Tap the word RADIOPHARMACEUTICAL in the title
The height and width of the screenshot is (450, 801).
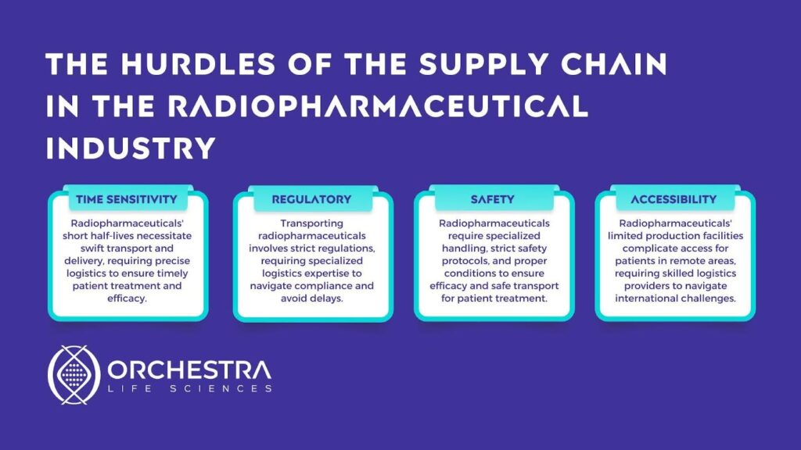(x=378, y=106)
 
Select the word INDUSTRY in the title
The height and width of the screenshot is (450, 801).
(x=131, y=148)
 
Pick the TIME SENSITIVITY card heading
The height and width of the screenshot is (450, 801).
(x=127, y=199)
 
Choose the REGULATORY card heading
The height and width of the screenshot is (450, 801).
(x=311, y=199)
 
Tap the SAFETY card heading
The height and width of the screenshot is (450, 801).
(x=493, y=199)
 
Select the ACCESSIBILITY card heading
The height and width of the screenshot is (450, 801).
(x=673, y=199)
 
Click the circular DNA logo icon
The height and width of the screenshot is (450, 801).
(x=74, y=375)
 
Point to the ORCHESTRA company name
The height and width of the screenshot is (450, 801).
(x=189, y=370)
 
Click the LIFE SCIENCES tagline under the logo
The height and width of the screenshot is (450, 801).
(x=189, y=389)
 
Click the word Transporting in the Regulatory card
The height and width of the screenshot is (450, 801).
(x=311, y=223)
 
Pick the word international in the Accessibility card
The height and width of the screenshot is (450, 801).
(x=645, y=298)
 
